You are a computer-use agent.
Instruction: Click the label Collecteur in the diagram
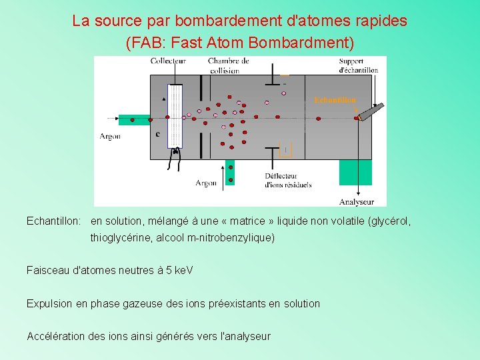pos(168,61)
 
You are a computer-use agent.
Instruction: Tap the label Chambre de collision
pos(228,65)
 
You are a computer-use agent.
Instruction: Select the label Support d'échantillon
pos(359,66)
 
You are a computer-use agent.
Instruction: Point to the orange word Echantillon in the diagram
pos(335,100)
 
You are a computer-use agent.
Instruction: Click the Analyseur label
pos(357,201)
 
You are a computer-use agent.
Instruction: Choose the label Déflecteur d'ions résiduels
pos(287,180)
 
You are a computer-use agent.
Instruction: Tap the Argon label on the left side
pos(110,136)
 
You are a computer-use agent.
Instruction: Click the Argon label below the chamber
pos(206,183)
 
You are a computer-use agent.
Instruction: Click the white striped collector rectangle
pos(174,115)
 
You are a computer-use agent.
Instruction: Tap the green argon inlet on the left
pos(134,120)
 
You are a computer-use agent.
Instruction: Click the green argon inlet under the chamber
pos(231,172)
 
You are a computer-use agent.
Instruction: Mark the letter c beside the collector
pos(157,134)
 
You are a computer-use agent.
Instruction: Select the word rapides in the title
pos(381,21)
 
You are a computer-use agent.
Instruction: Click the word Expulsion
pos(49,303)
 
